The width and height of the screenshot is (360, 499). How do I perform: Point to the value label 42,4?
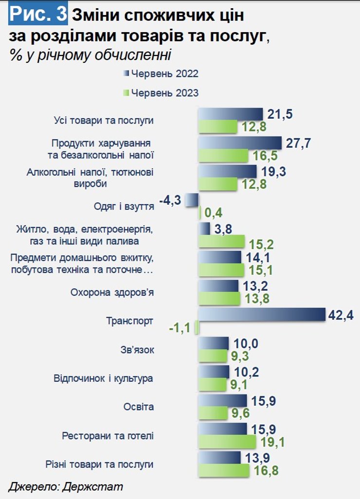coord(341,315)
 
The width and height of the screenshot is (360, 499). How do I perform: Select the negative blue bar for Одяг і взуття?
coord(192,200)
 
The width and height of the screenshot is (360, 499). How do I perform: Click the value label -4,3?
coord(171,200)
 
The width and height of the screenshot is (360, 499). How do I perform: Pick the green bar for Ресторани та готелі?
coord(227,442)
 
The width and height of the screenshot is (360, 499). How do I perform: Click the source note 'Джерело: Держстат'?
coord(65,486)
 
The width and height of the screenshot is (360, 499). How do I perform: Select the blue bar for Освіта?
coord(223,400)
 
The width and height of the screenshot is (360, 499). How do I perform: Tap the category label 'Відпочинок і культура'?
coord(103,378)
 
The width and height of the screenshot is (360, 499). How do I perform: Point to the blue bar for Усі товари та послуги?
coord(230,114)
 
